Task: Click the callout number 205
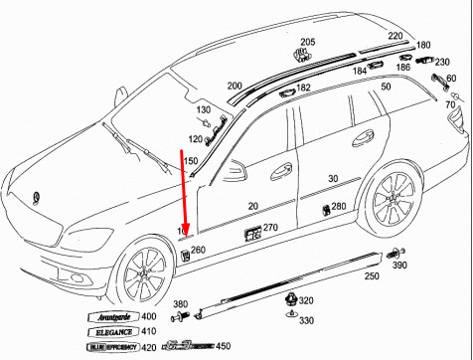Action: click(x=307, y=42)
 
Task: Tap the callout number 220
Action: click(x=396, y=36)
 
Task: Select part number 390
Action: click(x=398, y=267)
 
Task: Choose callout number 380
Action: click(x=180, y=303)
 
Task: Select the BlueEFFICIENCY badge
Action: click(x=107, y=348)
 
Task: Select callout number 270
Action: click(x=270, y=228)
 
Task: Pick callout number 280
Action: click(x=338, y=207)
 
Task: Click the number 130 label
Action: click(x=204, y=108)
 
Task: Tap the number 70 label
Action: click(x=451, y=104)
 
